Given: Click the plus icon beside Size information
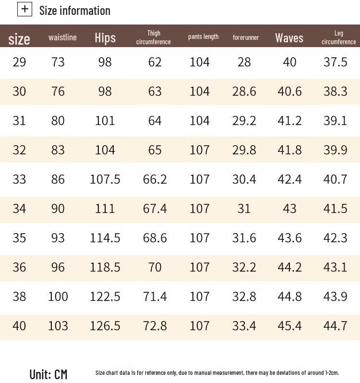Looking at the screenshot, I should pyautogui.click(x=24, y=9).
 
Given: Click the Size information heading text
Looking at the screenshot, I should pyautogui.click(x=75, y=10).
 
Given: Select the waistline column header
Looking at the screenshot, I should pyautogui.click(x=62, y=37).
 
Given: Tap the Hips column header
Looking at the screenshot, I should pyautogui.click(x=105, y=37).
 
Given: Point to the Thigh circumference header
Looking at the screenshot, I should pyautogui.click(x=154, y=37).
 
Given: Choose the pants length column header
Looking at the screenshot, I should pyautogui.click(x=203, y=37).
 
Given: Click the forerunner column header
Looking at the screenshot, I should pyautogui.click(x=246, y=37).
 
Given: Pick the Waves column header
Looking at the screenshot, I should pyautogui.click(x=289, y=37).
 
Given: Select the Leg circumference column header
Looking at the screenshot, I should pyautogui.click(x=339, y=37).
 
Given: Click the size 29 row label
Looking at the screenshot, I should pyautogui.click(x=19, y=62).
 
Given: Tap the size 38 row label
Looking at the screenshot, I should pyautogui.click(x=19, y=297).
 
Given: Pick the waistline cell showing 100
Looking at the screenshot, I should pyautogui.click(x=58, y=297).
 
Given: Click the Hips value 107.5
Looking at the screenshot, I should pyautogui.click(x=105, y=179).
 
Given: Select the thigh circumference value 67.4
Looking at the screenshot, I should pyautogui.click(x=155, y=209).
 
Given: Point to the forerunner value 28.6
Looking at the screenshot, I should pyautogui.click(x=244, y=91).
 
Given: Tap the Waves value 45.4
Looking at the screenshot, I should pyautogui.click(x=289, y=326).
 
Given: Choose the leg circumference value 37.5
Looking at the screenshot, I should pyautogui.click(x=335, y=62).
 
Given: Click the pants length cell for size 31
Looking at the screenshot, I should pyautogui.click(x=200, y=121).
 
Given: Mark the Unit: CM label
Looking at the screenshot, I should pyautogui.click(x=48, y=374).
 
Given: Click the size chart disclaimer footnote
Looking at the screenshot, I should pyautogui.click(x=217, y=372).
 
